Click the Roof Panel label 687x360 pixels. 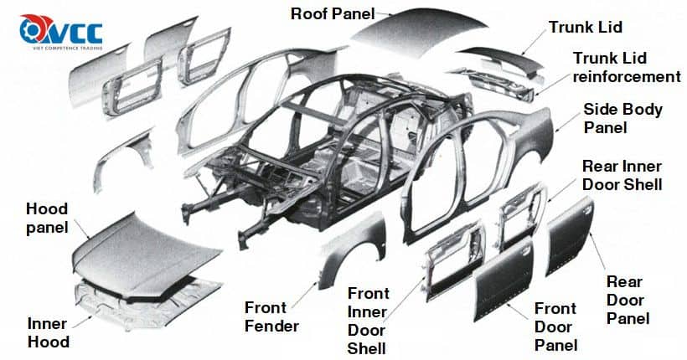(x=333, y=13)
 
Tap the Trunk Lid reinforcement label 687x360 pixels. (x=627, y=68)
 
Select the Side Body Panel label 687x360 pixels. (x=622, y=118)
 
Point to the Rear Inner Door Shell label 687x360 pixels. (x=622, y=175)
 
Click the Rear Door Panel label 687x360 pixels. (x=627, y=300)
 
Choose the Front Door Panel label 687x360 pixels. (x=555, y=327)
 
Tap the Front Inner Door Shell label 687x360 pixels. (x=368, y=321)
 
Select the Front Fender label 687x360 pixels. (x=271, y=316)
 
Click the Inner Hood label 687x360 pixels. (x=49, y=333)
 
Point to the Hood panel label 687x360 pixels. (x=47, y=219)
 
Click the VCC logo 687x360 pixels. (x=61, y=32)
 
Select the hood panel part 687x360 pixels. (x=145, y=254)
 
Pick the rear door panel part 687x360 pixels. (x=570, y=236)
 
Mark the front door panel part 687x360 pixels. (x=504, y=280)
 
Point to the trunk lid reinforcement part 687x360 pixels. (x=495, y=82)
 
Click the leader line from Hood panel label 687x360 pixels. (x=81, y=229)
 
